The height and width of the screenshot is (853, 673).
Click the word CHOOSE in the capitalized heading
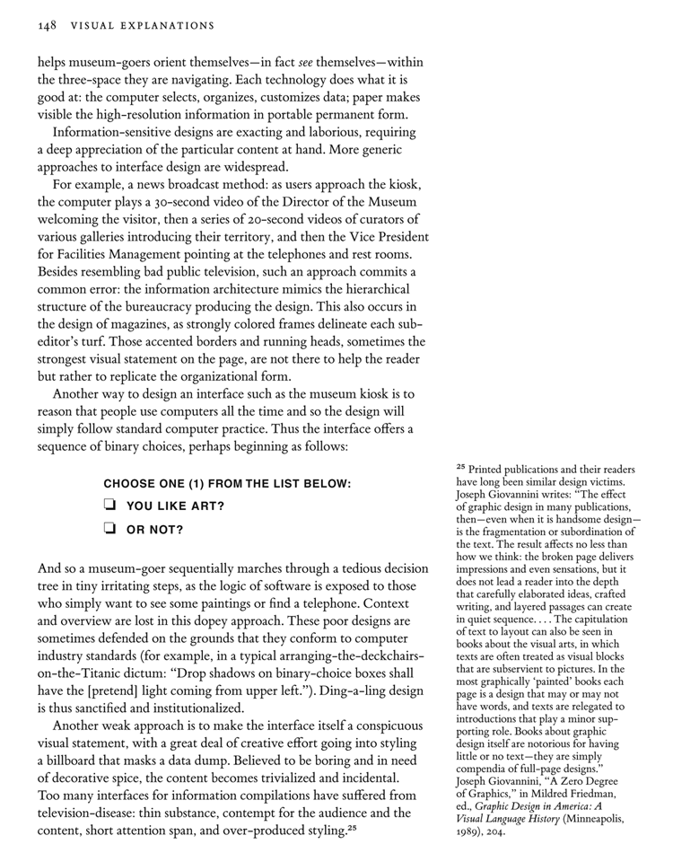click(130, 484)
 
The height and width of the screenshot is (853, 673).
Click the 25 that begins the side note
click(461, 468)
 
